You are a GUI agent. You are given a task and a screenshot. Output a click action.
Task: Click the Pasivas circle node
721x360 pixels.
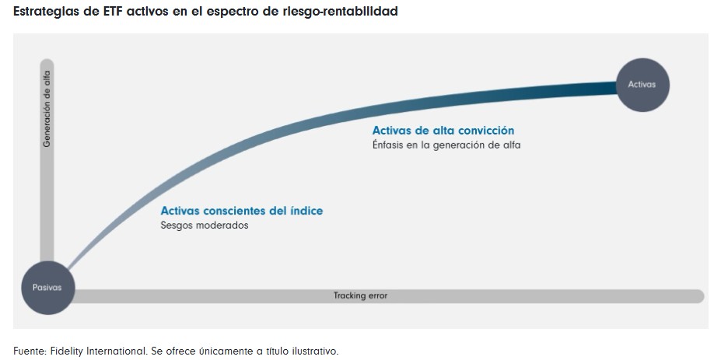47,288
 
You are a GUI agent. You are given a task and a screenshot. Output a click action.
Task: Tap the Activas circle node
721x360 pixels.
642,85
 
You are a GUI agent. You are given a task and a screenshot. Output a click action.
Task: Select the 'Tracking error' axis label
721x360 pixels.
360,296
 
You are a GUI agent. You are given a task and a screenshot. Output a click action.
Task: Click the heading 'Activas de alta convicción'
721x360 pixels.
443,131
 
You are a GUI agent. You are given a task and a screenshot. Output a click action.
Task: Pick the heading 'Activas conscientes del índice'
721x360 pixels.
242,211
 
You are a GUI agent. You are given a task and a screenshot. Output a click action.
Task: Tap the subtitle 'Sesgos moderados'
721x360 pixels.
205,225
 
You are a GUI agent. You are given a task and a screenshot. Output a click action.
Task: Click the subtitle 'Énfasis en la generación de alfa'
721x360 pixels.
446,145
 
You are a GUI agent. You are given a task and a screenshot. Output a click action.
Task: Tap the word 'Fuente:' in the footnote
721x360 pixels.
30,351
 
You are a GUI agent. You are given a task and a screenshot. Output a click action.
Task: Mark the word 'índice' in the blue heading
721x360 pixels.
306,211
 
